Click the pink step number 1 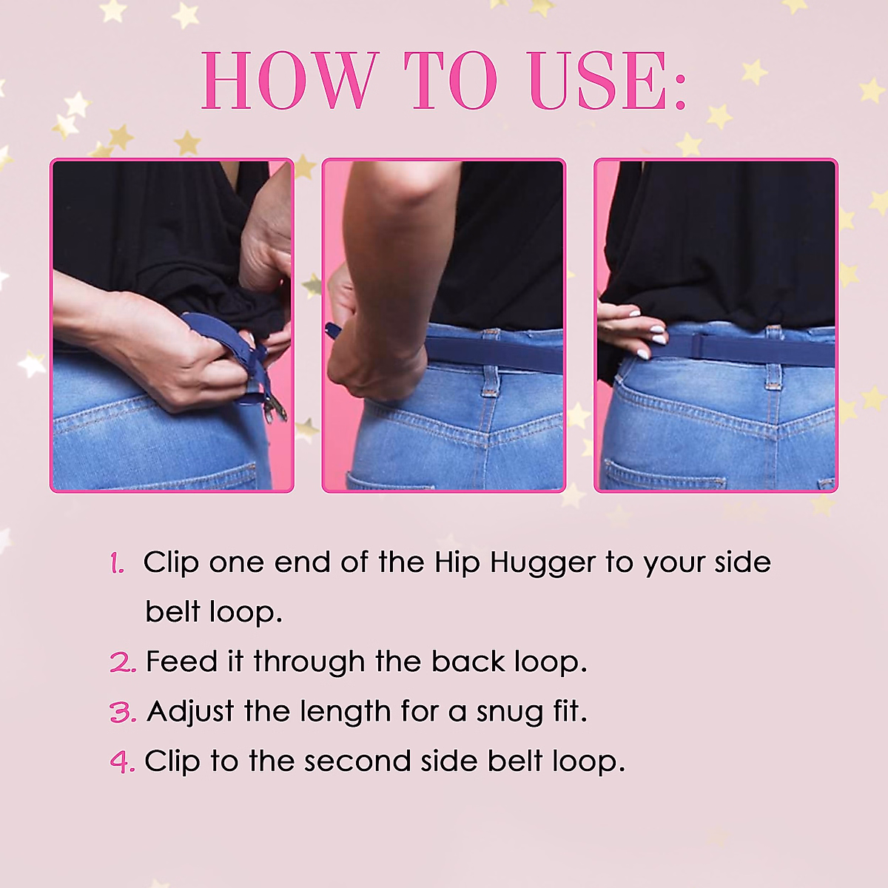click(117, 564)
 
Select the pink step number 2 click(123, 662)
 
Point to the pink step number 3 click(123, 713)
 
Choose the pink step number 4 click(122, 762)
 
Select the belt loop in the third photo click(773, 374)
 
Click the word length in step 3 click(345, 713)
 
